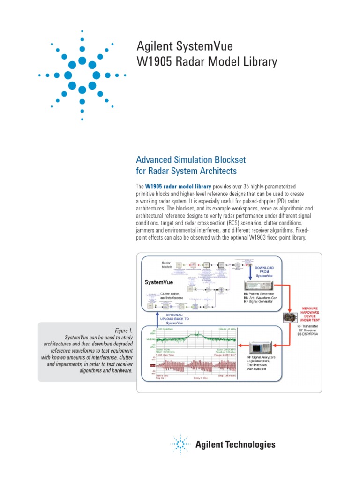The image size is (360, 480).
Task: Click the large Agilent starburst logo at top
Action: click(x=82, y=75)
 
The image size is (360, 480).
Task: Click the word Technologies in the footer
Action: click(x=251, y=444)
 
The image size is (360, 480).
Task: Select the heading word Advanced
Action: click(x=156, y=160)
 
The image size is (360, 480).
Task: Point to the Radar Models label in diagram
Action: click(x=167, y=265)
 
